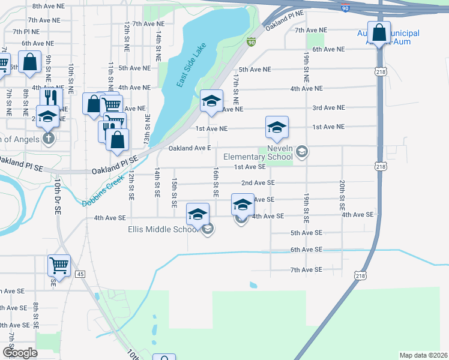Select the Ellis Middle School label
point(163,229)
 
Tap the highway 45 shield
point(80,274)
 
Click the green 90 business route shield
point(251,41)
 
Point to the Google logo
point(20,353)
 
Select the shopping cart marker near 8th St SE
point(59,265)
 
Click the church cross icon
point(48,139)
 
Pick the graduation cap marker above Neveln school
point(277,127)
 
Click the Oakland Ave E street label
point(190,148)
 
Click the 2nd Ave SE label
point(258,182)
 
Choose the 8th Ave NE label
point(48,5)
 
